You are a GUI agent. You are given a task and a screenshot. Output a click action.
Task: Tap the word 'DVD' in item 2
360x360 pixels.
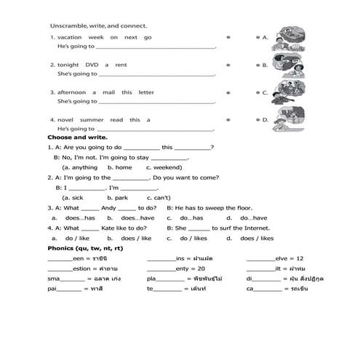(x=92, y=65)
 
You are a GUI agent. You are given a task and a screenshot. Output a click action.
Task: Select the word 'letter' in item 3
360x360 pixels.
(x=146, y=92)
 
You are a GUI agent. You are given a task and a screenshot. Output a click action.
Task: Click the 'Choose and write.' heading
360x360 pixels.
(x=77, y=137)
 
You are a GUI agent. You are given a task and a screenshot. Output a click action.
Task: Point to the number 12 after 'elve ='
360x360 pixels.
(x=300, y=258)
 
